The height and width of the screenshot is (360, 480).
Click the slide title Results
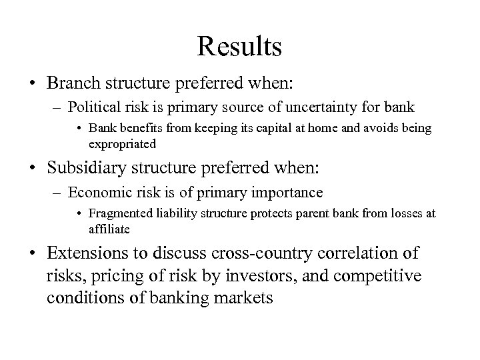click(239, 47)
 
